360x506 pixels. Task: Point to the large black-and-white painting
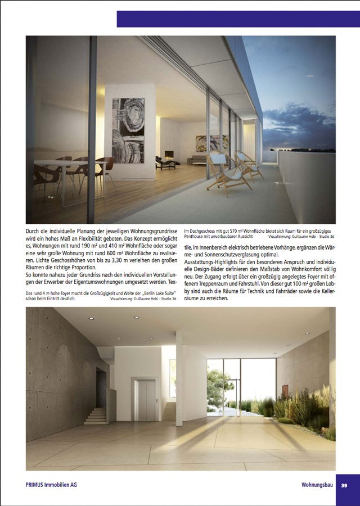(128, 130)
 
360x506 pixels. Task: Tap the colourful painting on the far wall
(205, 143)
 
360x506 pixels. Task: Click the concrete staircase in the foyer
(96, 415)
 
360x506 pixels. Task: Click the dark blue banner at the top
(238, 19)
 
